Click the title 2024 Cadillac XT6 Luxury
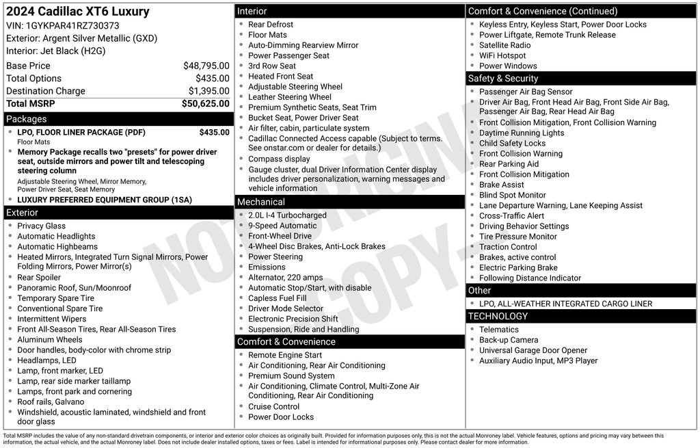[77, 12]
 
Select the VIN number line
[62, 25]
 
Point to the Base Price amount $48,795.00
[206, 66]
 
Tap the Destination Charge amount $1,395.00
[208, 91]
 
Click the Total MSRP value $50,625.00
[205, 103]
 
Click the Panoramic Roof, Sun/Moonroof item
[74, 288]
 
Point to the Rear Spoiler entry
[39, 278]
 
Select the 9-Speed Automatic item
[282, 226]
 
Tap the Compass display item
[279, 159]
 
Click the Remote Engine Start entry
[285, 355]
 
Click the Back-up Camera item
[509, 340]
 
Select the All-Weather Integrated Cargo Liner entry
[565, 304]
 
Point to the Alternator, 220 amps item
[286, 278]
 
